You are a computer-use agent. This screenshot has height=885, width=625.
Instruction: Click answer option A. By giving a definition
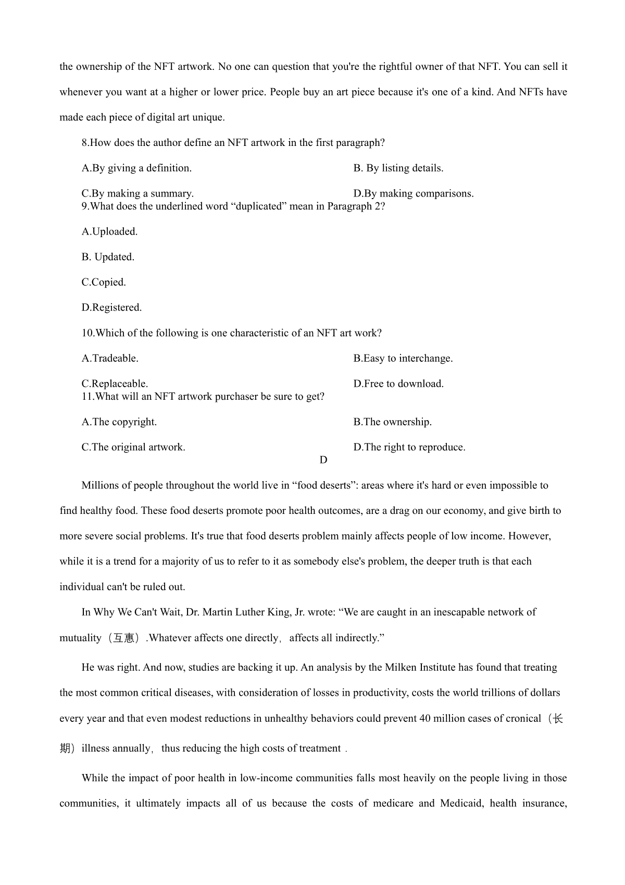click(x=136, y=168)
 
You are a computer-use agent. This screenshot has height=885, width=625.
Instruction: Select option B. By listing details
click(x=398, y=168)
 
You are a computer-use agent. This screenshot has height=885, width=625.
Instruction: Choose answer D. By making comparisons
click(x=413, y=193)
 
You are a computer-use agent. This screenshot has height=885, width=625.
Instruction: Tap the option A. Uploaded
click(x=109, y=231)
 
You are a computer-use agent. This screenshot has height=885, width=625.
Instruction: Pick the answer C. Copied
click(x=104, y=282)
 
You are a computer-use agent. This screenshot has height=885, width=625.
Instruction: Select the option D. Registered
click(x=111, y=308)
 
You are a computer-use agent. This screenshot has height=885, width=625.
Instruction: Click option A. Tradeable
click(x=110, y=358)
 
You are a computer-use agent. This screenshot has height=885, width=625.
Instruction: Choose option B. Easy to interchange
click(x=403, y=358)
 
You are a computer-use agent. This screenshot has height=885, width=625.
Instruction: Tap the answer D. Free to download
click(x=398, y=384)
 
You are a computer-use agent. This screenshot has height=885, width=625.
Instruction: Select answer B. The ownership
click(x=392, y=422)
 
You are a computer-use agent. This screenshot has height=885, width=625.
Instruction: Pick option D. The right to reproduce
click(x=409, y=447)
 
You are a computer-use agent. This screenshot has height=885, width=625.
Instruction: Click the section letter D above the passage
click(x=323, y=460)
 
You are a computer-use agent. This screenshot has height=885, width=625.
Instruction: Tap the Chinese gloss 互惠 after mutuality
click(x=123, y=638)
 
